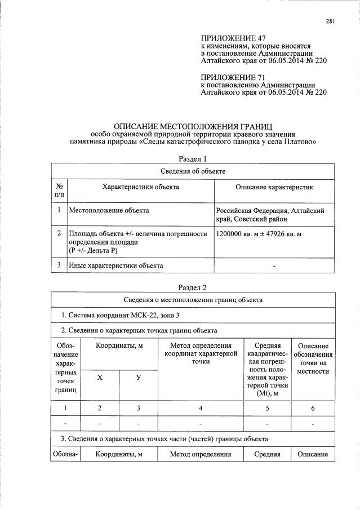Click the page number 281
pos(331,22)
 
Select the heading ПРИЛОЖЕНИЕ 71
pos(233,77)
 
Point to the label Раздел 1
pos(193,159)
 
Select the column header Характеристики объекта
pos(141,187)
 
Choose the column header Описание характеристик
pos(274,187)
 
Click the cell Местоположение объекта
pos(109,211)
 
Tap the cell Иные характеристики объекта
pos(115,265)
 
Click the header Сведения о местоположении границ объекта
pos(193,300)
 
